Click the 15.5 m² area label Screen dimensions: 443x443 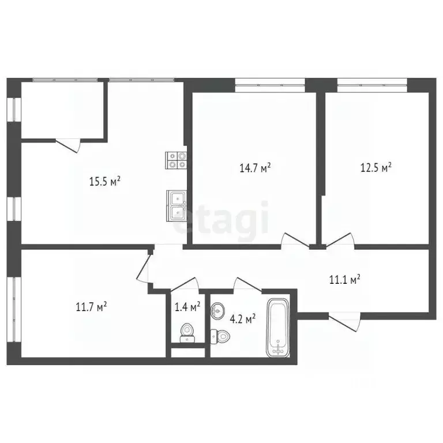pyautogui.click(x=104, y=182)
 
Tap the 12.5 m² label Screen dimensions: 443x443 pyautogui.click(x=375, y=168)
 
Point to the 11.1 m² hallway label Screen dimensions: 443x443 pyautogui.click(x=344, y=280)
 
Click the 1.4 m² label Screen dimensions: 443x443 pyautogui.click(x=187, y=306)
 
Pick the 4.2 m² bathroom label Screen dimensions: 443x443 pyautogui.click(x=242, y=318)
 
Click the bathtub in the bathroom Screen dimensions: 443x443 pyautogui.click(x=279, y=327)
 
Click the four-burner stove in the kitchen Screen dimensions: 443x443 pyautogui.click(x=177, y=159)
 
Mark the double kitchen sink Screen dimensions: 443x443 pyautogui.click(x=176, y=205)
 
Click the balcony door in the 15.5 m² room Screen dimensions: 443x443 pyautogui.click(x=68, y=144)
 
